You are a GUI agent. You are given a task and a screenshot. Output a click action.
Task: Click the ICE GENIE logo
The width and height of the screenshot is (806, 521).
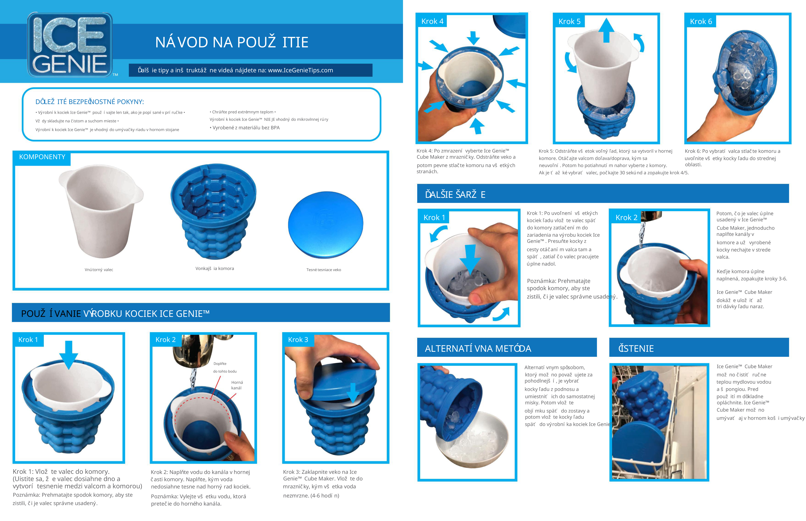[x=70, y=45]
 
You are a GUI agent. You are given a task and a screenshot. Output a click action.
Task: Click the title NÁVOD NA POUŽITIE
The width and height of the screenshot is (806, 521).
[x=232, y=42]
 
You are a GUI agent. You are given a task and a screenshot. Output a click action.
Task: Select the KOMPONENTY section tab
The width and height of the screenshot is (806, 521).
[x=42, y=157]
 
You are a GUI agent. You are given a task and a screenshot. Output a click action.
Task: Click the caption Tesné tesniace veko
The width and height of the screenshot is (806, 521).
[x=324, y=270]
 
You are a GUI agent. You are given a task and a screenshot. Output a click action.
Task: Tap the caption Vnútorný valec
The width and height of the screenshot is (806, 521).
[x=99, y=270]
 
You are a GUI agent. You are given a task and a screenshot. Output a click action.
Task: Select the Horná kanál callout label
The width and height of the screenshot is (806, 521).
[x=237, y=385]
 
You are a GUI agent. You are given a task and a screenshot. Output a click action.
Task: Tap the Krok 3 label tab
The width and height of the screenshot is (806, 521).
[x=298, y=340]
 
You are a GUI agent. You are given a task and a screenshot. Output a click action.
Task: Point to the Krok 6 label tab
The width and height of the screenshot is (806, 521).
[x=701, y=21]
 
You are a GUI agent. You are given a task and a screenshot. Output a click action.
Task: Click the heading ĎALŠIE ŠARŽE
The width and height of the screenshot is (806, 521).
[x=455, y=195]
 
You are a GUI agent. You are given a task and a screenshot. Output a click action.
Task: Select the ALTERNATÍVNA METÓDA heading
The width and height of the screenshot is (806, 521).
[x=478, y=348]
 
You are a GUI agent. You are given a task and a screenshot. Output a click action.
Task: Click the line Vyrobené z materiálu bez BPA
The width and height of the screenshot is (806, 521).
[x=244, y=128]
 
